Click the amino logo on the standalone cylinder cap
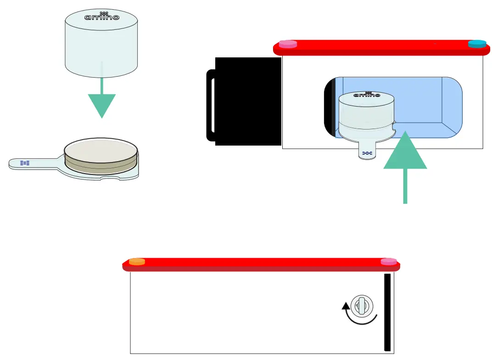click(101, 17)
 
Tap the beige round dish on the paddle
click(101, 150)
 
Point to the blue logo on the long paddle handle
click(25, 163)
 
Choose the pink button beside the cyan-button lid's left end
click(288, 44)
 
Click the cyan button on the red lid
click(477, 44)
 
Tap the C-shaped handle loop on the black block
click(211, 105)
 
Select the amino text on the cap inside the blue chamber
click(367, 95)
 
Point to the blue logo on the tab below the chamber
click(367, 153)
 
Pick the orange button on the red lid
click(137, 262)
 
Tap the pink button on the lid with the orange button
click(389, 262)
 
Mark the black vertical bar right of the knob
click(387, 312)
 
